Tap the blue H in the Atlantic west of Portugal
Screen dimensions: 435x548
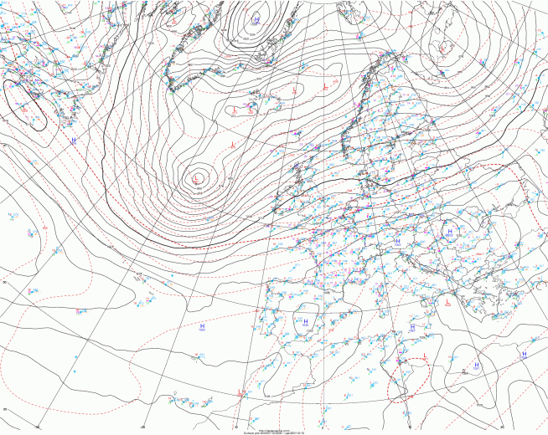point(203,325)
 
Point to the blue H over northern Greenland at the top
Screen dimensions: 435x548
point(256,18)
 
